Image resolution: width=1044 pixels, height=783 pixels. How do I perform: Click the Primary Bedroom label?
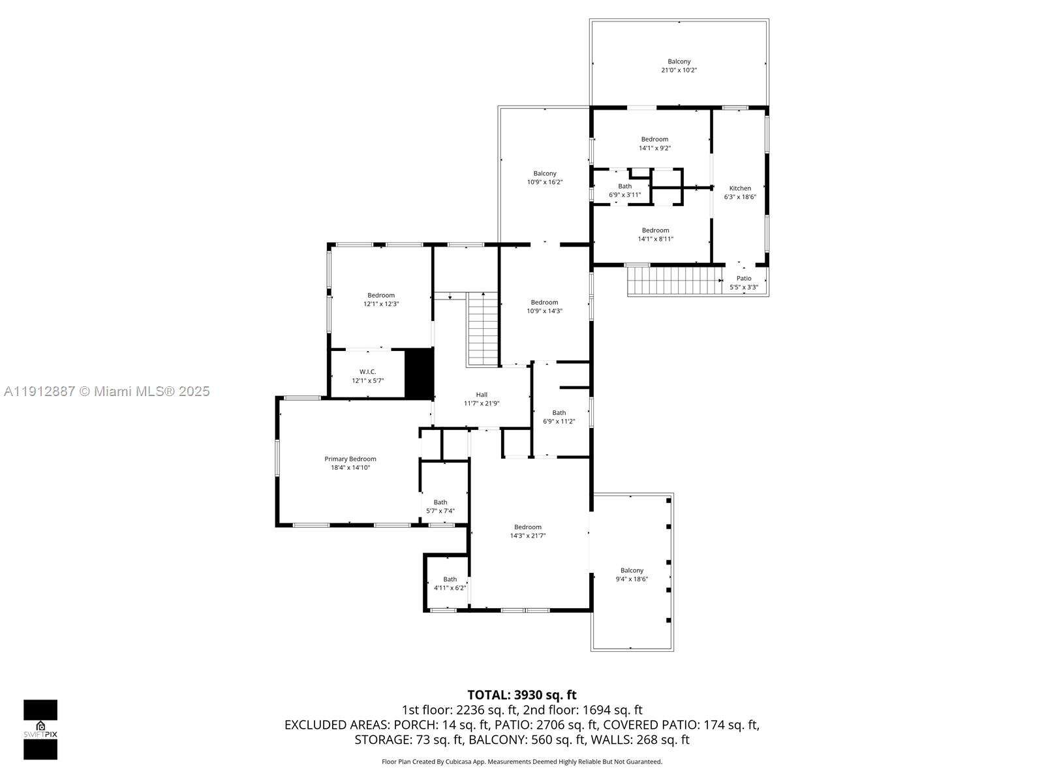point(350,459)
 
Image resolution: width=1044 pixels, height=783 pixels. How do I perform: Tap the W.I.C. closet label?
point(367,372)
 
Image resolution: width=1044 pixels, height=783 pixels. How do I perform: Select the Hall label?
point(482,395)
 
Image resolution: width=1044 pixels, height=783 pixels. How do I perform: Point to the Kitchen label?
point(740,189)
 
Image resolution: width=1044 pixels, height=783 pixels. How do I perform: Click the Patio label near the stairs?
point(744,279)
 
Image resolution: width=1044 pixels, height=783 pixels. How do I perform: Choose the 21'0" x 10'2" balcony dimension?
point(679,70)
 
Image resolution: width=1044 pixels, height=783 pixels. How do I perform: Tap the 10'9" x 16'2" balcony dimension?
point(545,182)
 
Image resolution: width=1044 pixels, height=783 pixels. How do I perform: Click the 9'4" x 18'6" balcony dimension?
point(632,579)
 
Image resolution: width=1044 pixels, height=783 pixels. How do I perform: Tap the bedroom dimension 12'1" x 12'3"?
point(381,304)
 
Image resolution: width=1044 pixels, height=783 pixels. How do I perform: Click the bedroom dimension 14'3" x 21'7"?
point(527,535)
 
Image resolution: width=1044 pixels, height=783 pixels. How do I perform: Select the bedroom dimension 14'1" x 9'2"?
point(654,148)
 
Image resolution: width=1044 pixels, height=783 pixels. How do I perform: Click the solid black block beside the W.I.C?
point(419,373)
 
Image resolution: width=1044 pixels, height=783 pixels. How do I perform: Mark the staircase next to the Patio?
point(675,281)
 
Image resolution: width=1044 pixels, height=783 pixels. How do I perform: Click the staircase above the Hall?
point(483,329)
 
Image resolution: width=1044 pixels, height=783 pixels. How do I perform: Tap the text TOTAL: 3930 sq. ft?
point(522,695)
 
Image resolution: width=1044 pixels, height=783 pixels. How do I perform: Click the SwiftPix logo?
point(40,729)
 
